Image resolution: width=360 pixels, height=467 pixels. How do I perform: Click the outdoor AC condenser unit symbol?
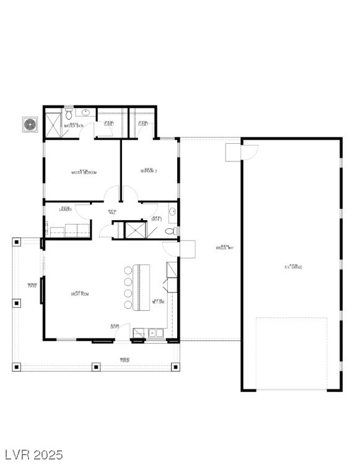[x=30, y=124]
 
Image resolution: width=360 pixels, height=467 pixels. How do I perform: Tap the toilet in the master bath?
[x=69, y=113]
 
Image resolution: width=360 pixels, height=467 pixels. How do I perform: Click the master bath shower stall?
[x=54, y=123]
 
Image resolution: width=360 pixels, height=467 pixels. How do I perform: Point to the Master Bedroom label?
[x=84, y=172]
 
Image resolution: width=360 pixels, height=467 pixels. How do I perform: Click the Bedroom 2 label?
[x=149, y=170]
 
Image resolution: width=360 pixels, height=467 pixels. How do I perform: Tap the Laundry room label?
[x=66, y=209]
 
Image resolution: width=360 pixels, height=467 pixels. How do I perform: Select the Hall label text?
[x=112, y=212]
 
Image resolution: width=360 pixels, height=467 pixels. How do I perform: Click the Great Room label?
[x=79, y=294]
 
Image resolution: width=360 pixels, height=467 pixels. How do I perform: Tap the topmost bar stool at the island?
[x=128, y=270]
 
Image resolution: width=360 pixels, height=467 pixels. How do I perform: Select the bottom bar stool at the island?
[x=128, y=305]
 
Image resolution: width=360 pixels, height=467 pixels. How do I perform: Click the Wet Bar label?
[x=158, y=302]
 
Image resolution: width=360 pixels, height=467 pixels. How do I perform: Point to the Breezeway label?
[x=224, y=247]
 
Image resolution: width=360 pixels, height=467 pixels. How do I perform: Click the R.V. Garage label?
[x=293, y=266]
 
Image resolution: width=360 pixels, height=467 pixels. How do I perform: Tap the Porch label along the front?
[x=125, y=360]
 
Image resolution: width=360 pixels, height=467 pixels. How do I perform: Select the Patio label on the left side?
[x=32, y=285]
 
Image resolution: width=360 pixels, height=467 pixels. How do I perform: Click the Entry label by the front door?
[x=115, y=326]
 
